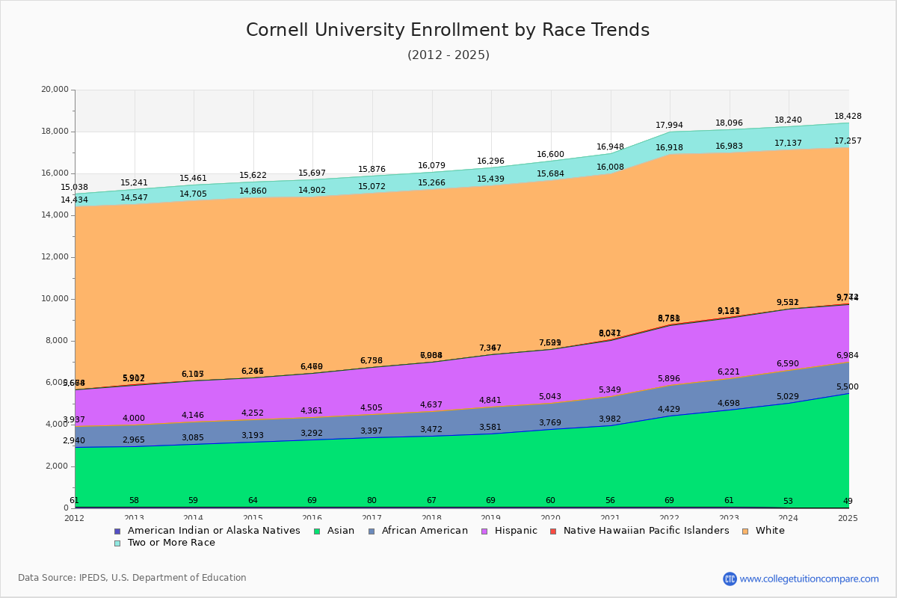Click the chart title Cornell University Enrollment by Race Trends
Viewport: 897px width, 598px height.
(448, 31)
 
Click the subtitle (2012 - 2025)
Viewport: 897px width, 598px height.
(448, 55)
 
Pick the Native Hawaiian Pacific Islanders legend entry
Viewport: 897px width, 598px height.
(646, 531)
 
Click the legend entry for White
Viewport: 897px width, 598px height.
(770, 531)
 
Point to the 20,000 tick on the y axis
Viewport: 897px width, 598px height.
(55, 90)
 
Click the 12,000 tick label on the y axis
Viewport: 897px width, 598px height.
(55, 257)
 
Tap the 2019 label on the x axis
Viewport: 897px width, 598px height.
(491, 518)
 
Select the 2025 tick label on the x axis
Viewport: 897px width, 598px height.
(848, 518)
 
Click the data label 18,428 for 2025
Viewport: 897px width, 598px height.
(848, 116)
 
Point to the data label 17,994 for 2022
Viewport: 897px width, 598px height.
(670, 125)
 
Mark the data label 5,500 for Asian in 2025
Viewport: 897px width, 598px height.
(848, 386)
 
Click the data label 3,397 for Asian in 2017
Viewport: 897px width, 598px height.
(372, 431)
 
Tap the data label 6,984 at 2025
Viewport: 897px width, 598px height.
(848, 355)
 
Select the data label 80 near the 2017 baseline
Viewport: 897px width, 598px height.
(372, 501)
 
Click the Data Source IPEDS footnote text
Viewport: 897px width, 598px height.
(132, 578)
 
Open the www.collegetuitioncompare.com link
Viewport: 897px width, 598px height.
(809, 579)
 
